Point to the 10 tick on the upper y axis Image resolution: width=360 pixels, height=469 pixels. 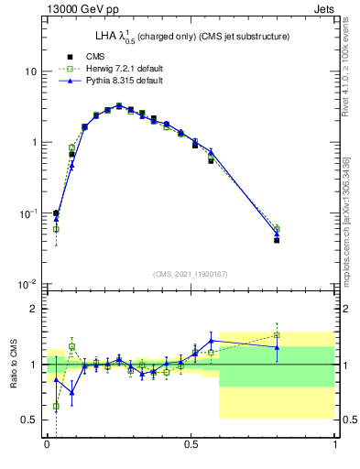coord(33,71)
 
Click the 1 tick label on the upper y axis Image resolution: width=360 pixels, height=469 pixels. coord(36,143)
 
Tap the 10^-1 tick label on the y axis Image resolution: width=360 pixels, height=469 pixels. coord(30,213)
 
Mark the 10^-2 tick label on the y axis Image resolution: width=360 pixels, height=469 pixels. coord(30,284)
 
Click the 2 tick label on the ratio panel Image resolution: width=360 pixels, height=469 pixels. coord(36,309)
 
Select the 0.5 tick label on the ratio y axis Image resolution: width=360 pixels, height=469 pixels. coord(31,420)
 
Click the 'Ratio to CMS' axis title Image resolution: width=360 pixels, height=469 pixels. coord(14,365)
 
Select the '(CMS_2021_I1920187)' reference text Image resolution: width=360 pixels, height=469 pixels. coord(191,272)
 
